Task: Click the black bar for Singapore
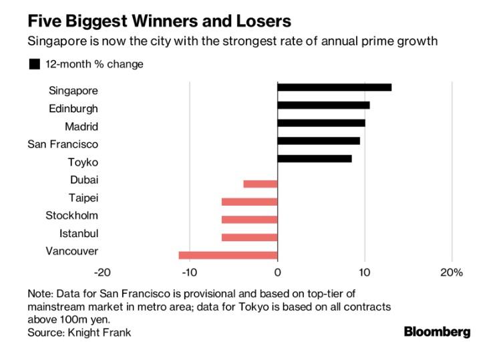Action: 334,87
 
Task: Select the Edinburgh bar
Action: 323,105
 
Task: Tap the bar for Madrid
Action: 321,123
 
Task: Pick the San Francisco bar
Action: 319,141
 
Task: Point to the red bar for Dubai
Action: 261,184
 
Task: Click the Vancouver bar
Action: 228,255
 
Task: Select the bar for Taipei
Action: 249,202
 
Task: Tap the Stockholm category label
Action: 71,215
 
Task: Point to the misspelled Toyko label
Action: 83,162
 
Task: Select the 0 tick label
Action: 277,273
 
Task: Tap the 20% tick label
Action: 451,273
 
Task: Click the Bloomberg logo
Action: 437,332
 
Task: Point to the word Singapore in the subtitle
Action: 57,41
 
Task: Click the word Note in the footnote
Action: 40,294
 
